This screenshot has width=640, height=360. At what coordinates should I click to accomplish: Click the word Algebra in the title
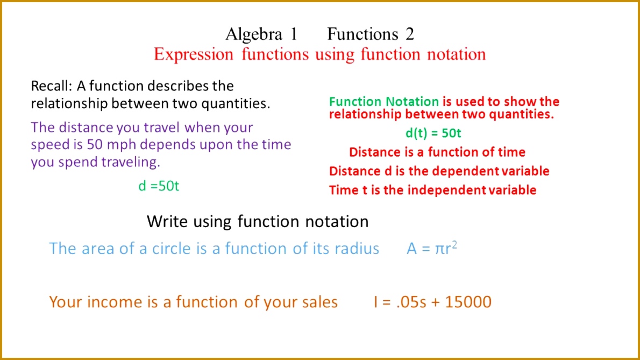coord(254,34)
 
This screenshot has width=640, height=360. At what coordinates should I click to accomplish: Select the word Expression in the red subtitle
coord(193,54)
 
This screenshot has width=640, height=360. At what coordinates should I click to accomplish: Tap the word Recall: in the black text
coord(51,86)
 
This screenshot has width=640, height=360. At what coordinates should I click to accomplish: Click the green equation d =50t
coord(159,186)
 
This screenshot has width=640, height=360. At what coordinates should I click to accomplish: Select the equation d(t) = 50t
coord(433,133)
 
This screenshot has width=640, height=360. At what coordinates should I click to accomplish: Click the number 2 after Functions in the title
coord(410,34)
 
